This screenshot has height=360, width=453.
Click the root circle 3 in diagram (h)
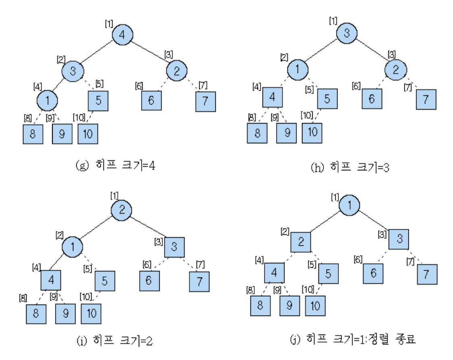(x=347, y=33)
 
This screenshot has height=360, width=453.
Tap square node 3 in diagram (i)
(x=174, y=247)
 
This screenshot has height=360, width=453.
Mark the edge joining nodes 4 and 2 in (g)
(x=150, y=54)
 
